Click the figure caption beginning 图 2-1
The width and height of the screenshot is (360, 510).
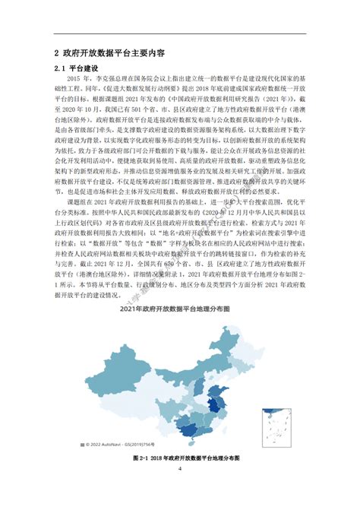point(180,458)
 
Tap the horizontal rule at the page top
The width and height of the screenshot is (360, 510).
point(180,33)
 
